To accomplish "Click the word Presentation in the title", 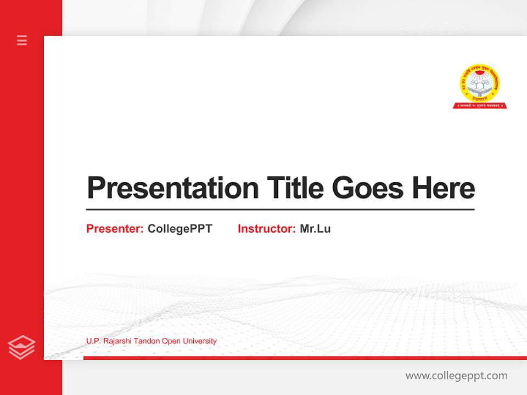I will (172, 188).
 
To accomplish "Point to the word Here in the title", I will (444, 188).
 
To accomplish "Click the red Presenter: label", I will (115, 229).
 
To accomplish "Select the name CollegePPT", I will (180, 229).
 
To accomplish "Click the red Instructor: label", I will (266, 229).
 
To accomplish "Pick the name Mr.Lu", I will (315, 229).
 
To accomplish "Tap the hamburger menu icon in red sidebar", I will (22, 40).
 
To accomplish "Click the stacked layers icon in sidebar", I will (22, 347).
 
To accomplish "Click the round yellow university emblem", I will (480, 83).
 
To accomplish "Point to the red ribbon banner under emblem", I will (480, 105).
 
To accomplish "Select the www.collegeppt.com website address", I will (456, 376).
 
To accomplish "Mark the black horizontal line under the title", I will (280, 210).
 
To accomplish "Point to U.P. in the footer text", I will (93, 341).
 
